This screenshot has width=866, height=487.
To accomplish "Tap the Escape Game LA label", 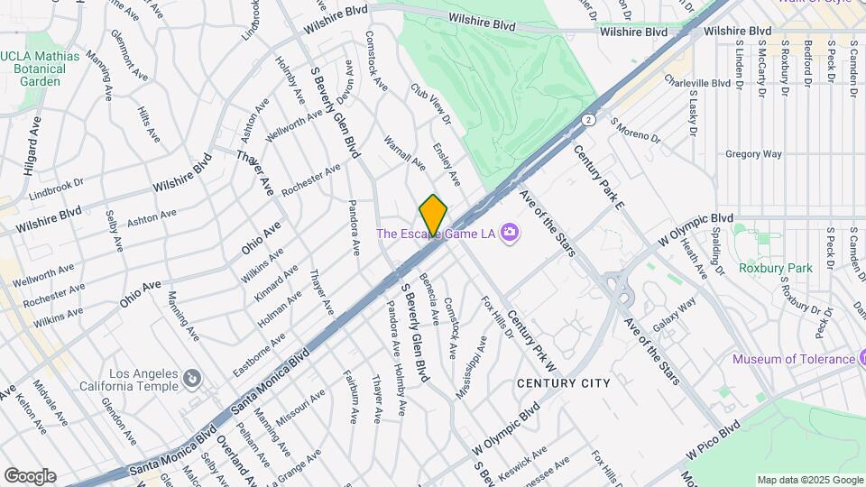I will coord(436,234).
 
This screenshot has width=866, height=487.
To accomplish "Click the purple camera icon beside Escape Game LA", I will coord(510,234).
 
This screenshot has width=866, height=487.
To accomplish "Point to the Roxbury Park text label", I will coord(776,268).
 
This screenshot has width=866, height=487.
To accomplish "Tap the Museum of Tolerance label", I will coord(793,359).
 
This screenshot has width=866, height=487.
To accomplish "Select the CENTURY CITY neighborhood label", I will coord(564,383).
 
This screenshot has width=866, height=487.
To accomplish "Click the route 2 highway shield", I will coord(588,118).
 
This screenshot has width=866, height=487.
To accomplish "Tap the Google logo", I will coord(30,475).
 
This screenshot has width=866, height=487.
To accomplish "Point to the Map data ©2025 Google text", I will coord(809,480).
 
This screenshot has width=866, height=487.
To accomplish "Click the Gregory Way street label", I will coord(753,154).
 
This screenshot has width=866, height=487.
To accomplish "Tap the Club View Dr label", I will coord(430,104).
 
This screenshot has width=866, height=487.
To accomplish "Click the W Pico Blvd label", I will coord(713,437).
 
